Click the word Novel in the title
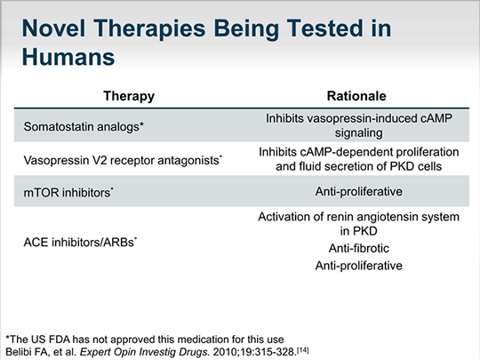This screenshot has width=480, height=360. [53, 28]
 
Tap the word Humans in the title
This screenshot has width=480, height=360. [68, 57]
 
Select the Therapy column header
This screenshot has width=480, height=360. [129, 96]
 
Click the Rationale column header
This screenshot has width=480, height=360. [356, 96]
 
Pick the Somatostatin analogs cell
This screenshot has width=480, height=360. [84, 126]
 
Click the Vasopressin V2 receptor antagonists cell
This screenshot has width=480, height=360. [123, 160]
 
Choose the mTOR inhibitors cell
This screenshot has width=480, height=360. [68, 193]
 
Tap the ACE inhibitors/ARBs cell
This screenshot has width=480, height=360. [80, 242]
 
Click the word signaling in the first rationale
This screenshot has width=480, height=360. [358, 133]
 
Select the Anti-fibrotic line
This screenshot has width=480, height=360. [359, 248]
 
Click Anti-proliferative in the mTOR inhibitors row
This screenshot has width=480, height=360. [359, 192]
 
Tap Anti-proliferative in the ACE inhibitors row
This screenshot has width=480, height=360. [359, 266]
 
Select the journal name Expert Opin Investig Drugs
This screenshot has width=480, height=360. [145, 352]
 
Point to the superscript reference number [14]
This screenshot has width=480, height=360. [303, 349]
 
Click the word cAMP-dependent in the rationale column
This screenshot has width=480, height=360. [344, 152]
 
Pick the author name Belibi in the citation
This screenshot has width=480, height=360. [19, 352]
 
